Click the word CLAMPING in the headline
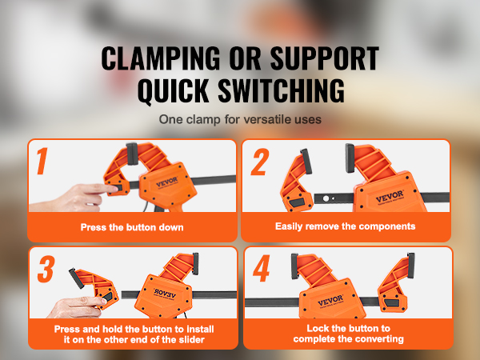pyautogui.click(x=161, y=58)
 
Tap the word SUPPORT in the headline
pyautogui.click(x=325, y=58)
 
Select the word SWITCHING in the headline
pyautogui.click(x=282, y=90)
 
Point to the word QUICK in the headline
pyautogui.click(x=174, y=91)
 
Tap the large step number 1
pyautogui.click(x=42, y=161)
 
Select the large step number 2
pyautogui.click(x=259, y=162)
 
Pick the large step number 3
pyautogui.click(x=46, y=269)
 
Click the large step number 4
pyautogui.click(x=261, y=268)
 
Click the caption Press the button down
pyautogui.click(x=132, y=227)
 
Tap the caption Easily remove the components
pyautogui.click(x=345, y=226)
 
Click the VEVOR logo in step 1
pyautogui.click(x=167, y=182)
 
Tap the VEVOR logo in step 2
pyautogui.click(x=390, y=197)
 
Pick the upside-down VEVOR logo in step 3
pyautogui.click(x=165, y=294)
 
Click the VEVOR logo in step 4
pyautogui.click(x=330, y=300)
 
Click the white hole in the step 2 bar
pyautogui.click(x=326, y=198)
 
